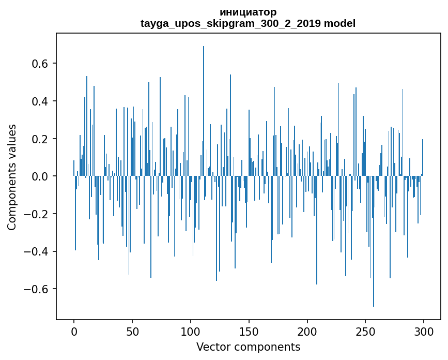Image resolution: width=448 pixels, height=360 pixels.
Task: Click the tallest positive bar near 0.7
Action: [x=204, y=111]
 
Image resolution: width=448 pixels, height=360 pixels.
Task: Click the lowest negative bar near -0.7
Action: [x=374, y=242]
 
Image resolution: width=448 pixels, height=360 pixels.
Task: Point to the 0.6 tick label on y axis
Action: [x=40, y=64]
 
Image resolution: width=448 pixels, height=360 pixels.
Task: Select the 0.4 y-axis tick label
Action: [x=40, y=101]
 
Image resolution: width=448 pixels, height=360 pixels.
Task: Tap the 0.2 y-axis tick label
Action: [x=40, y=139]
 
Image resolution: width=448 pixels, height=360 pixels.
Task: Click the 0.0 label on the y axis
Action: [x=40, y=177]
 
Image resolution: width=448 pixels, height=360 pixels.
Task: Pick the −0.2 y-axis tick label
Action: [x=36, y=215]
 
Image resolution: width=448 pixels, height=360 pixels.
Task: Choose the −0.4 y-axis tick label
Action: [x=36, y=252]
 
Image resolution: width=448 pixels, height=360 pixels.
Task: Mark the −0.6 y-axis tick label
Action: [x=36, y=290]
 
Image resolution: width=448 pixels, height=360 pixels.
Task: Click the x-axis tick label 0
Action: [x=74, y=332]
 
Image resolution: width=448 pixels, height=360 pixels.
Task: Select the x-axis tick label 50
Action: [x=132, y=332]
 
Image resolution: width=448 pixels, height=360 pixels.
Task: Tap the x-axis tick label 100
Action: [x=191, y=332]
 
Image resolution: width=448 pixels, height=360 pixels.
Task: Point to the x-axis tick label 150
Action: [x=249, y=332]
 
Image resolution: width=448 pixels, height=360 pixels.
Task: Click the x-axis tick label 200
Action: [x=307, y=332]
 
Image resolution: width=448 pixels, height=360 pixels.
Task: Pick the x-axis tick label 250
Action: [x=365, y=332]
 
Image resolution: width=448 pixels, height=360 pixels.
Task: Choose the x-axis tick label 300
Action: [x=424, y=332]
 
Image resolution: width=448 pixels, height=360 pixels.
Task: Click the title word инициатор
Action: [x=248, y=12]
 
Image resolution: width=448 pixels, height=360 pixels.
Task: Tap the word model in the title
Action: [x=339, y=23]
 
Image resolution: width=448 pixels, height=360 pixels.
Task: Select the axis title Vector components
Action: [x=248, y=347]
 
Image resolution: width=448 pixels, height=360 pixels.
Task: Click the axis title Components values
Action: [x=12, y=177]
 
